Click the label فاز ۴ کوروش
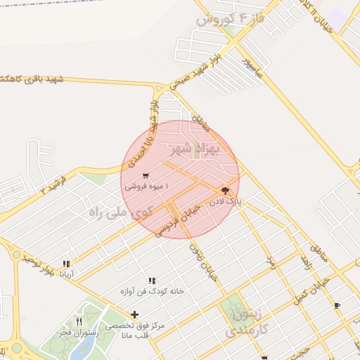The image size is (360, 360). [230, 19]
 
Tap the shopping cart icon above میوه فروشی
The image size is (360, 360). [145, 176]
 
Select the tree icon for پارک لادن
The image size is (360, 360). [225, 190]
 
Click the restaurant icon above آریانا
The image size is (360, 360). [66, 264]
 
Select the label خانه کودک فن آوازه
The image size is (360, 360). [152, 291]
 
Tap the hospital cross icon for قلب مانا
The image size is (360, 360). [134, 314]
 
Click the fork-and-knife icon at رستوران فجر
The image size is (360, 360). [79, 321]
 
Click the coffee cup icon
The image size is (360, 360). [337, 305]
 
